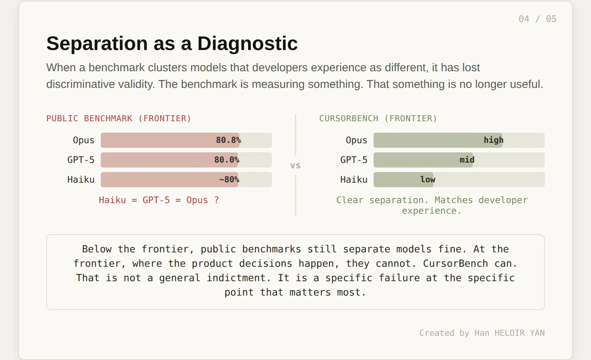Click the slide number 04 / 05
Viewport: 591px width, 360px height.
coord(538,19)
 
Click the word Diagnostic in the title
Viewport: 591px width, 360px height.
coord(247,43)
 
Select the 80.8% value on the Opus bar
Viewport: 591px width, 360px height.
coord(228,140)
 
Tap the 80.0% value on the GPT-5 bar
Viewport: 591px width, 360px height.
coord(227,160)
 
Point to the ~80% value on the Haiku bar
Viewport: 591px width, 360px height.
coord(229,180)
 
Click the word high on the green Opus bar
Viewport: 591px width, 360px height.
coord(493,140)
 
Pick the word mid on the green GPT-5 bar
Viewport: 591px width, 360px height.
coord(467,160)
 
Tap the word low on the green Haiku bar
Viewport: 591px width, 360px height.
coord(428,180)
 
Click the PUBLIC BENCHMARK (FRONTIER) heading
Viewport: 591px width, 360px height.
coord(119,118)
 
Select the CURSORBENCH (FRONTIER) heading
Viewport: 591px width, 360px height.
coord(378,118)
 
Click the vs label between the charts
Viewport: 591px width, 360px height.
coord(295,166)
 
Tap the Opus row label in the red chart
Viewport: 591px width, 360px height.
coord(83,140)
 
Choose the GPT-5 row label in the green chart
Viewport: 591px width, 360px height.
coord(353,160)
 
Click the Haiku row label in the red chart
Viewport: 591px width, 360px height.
coord(81,180)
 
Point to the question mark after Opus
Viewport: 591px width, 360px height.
coord(217,200)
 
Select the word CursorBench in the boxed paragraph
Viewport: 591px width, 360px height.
coord(455,263)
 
